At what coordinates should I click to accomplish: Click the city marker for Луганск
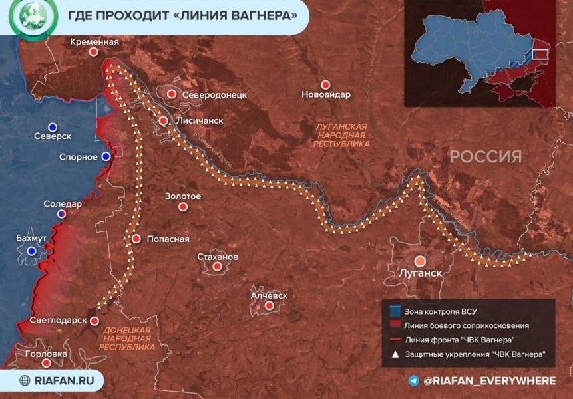tap(421, 261)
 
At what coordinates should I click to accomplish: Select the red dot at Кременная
tap(94, 51)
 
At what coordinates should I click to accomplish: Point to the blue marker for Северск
tap(52, 127)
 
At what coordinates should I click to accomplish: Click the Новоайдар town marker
tap(325, 85)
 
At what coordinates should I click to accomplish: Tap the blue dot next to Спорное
tap(106, 156)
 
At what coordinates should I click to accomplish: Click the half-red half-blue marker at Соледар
tap(62, 214)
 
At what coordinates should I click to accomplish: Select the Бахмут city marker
tap(31, 251)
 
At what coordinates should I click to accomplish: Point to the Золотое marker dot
tap(183, 207)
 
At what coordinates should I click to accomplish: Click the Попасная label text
tap(168, 239)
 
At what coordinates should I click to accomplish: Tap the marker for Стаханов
tap(217, 267)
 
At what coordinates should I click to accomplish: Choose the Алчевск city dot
tap(269, 306)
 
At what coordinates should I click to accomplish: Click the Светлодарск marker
tap(95, 321)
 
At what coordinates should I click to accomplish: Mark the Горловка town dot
tap(46, 364)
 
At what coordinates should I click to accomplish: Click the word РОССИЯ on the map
tap(485, 156)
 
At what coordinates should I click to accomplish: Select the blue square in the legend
tap(395, 311)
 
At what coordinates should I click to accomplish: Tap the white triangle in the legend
tap(395, 354)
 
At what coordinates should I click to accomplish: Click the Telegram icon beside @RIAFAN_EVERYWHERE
tap(414, 380)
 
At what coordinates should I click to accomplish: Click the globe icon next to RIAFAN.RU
tap(25, 380)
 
